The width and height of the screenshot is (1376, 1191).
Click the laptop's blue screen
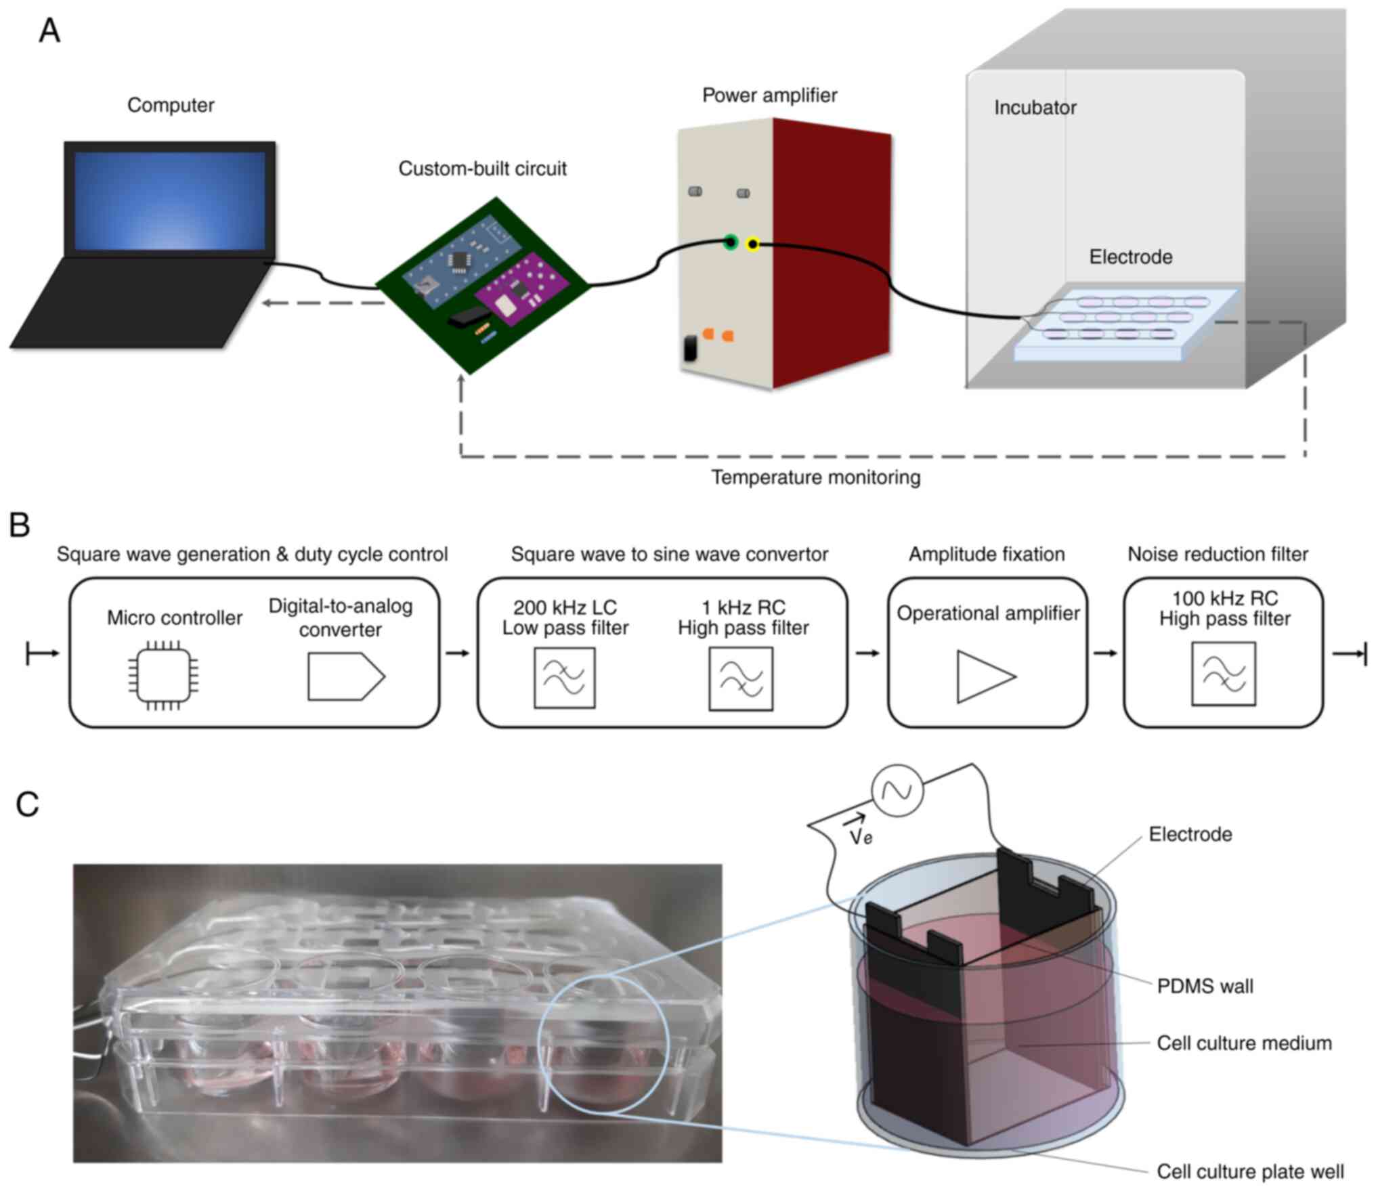(x=169, y=200)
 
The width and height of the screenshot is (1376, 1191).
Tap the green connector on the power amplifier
(x=730, y=242)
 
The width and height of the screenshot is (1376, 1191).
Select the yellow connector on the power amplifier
(x=752, y=244)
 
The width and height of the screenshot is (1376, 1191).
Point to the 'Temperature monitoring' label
(x=815, y=478)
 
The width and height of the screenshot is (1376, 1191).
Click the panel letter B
(x=20, y=525)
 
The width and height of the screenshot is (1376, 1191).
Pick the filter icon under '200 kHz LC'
(x=564, y=678)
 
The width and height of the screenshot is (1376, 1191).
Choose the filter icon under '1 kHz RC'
(x=741, y=678)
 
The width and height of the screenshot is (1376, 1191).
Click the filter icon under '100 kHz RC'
(x=1223, y=674)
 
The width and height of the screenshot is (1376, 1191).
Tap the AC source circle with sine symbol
(x=897, y=789)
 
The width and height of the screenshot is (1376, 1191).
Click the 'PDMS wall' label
(x=1205, y=986)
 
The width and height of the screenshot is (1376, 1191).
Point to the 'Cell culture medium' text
(x=1244, y=1043)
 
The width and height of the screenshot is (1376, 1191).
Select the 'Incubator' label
(x=1035, y=108)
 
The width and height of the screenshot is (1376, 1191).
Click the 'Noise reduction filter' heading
(x=1218, y=555)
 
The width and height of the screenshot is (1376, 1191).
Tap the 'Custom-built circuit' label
(x=482, y=169)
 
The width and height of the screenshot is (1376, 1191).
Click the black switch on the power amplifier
(x=690, y=348)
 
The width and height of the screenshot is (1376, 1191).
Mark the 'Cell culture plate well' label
(x=1250, y=1171)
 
